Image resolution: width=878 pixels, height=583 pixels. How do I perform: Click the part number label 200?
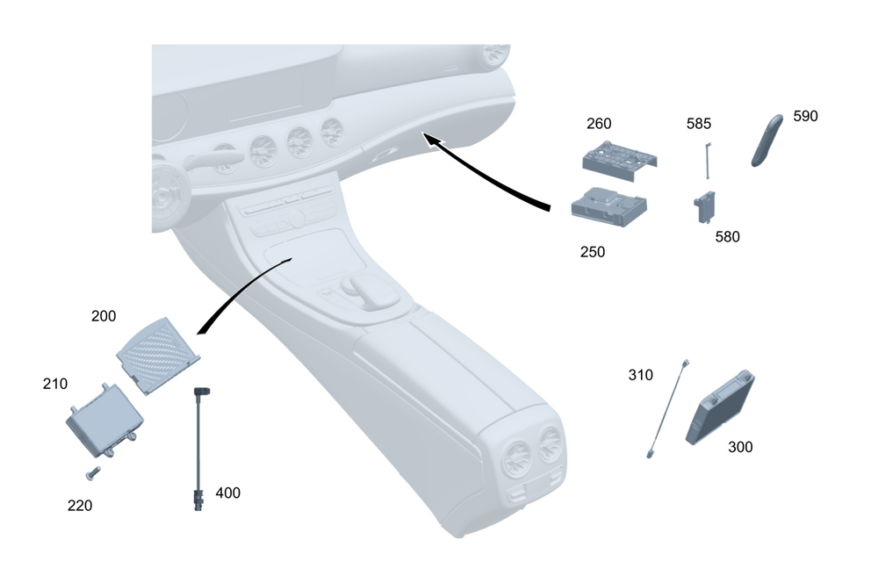[104, 316]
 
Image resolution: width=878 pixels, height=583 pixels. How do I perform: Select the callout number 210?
[55, 385]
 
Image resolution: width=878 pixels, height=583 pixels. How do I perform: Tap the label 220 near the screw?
[80, 506]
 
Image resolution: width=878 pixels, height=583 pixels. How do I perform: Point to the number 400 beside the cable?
[227, 493]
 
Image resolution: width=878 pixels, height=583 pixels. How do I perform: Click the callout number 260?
[599, 124]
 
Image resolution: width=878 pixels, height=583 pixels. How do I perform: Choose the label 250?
[593, 252]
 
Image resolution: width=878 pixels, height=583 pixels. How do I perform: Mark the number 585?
[699, 124]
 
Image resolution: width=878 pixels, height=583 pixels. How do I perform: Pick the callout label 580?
[727, 237]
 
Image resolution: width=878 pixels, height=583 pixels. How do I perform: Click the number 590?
[805, 116]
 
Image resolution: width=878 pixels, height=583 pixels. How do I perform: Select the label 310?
[640, 375]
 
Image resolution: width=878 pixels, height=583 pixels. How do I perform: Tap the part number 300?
[740, 447]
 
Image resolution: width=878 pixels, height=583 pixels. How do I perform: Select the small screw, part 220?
[93, 474]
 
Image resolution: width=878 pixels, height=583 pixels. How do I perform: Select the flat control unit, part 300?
[723, 409]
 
